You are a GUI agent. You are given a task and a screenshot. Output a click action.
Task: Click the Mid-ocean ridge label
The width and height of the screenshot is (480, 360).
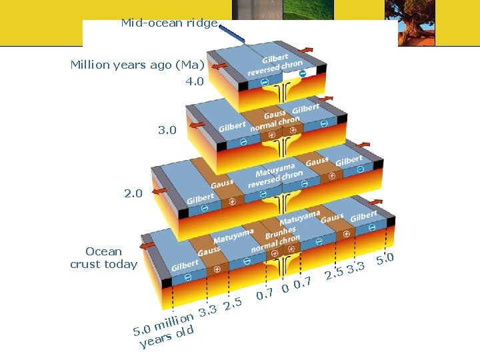coord(169,23)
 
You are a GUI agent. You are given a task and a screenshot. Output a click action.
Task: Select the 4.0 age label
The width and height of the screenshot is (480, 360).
coord(195,82)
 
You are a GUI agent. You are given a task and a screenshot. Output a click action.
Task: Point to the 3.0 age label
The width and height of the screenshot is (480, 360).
coord(167,130)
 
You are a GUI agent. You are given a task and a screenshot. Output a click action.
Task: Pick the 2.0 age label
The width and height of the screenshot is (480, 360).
coord(133,193)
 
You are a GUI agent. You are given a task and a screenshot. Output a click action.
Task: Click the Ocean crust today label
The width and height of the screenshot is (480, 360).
coord(103,257)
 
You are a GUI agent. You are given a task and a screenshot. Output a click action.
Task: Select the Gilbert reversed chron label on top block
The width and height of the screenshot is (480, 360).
coord(275,65)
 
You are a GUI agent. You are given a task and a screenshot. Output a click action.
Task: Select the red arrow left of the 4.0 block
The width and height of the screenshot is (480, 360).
coord(219,66)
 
